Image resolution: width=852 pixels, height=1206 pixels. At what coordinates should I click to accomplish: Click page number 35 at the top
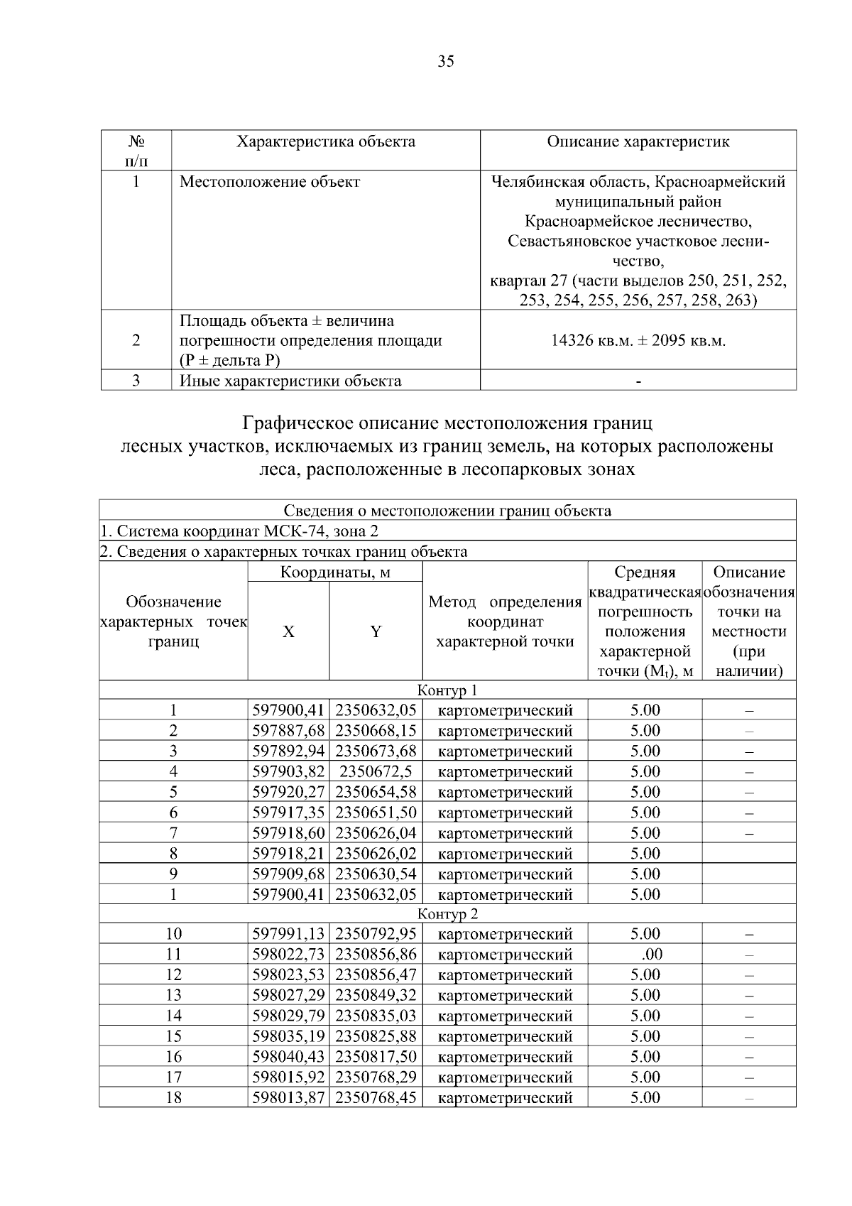coord(446,61)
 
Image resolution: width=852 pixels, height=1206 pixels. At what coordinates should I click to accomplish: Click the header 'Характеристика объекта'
coord(326,141)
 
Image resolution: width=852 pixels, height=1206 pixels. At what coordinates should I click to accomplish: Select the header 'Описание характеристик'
coord(638,141)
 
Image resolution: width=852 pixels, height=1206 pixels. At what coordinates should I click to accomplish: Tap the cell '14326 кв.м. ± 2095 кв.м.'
coord(638,340)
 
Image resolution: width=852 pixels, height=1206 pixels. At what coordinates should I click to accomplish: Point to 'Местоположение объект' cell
coord(270,182)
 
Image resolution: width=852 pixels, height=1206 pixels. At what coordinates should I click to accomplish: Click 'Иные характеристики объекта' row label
coord(290,381)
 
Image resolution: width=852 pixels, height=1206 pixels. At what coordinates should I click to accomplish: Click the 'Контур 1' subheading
coord(447,690)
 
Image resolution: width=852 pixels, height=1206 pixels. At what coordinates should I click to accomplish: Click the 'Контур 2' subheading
coord(447,914)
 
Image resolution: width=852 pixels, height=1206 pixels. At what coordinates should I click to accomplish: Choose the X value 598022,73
coord(288,955)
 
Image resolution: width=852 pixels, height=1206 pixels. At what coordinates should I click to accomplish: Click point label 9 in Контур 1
coord(173,874)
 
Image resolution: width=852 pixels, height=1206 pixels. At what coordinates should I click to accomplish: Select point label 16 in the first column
coord(173,1057)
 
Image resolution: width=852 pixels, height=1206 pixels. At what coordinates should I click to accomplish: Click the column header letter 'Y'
coord(376,631)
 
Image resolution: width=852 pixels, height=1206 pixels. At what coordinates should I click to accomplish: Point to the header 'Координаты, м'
coord(335,572)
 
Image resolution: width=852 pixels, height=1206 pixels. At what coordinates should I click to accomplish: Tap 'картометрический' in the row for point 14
coord(506,1016)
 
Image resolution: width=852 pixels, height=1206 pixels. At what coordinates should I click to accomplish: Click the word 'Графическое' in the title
coord(296,424)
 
